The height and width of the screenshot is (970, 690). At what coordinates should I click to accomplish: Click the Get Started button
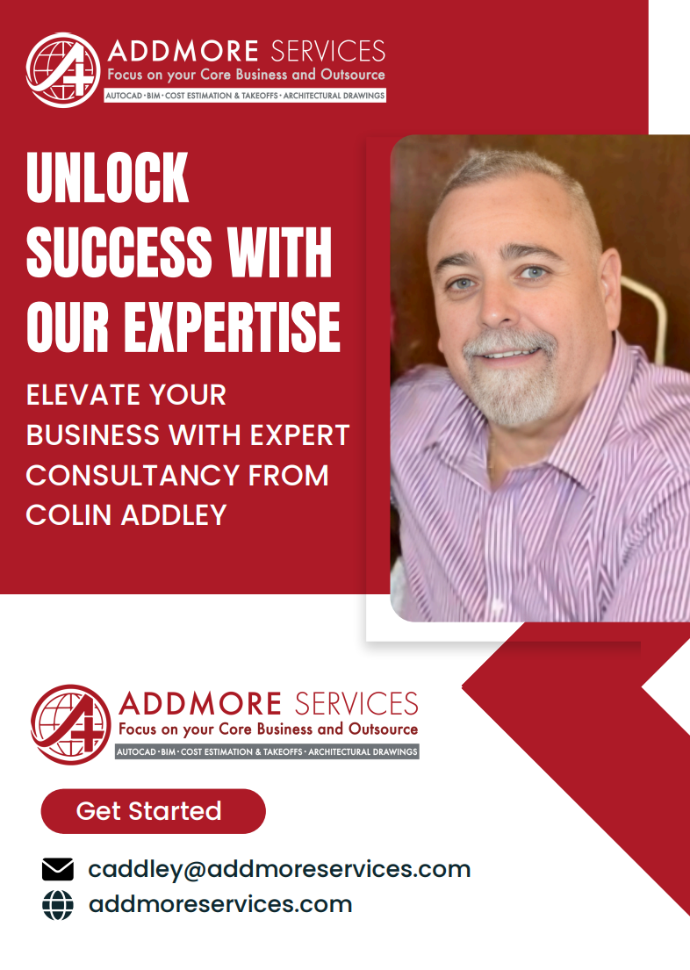coord(153,811)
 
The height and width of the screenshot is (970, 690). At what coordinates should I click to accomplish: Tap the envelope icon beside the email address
coord(58,869)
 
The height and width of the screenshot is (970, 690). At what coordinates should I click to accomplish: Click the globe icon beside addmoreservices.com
coord(58,905)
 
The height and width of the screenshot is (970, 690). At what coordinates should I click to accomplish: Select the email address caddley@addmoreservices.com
coord(279,869)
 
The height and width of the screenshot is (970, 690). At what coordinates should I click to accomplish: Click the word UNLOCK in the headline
coord(107,178)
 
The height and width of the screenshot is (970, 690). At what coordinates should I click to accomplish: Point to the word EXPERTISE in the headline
coord(232,327)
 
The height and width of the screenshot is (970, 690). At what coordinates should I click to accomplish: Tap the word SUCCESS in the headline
coord(119,253)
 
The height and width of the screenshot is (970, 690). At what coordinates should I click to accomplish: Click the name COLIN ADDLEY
coord(126,514)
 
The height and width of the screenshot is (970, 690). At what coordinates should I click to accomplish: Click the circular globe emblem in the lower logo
coord(70,725)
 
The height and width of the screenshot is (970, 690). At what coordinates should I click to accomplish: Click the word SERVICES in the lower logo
coord(356,704)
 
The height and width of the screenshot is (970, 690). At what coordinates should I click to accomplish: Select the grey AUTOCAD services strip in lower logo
coord(267,752)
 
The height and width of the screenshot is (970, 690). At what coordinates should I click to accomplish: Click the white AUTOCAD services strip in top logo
coord(245,95)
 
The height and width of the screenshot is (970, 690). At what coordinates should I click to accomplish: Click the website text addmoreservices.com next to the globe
coord(219,905)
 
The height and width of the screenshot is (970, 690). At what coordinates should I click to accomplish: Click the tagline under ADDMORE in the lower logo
coord(268,729)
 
